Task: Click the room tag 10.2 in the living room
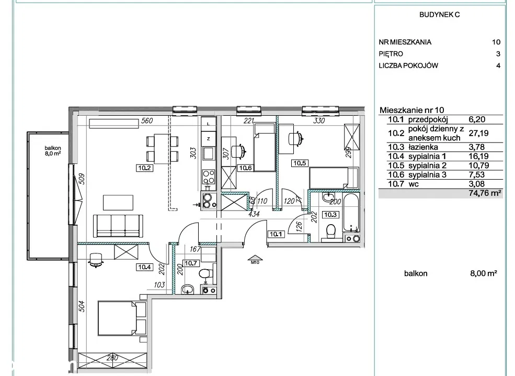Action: click(144, 168)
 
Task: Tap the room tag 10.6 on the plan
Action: click(245, 168)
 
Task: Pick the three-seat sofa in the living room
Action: click(118, 226)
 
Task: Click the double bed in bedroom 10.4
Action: click(122, 318)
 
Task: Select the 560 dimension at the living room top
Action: click(147, 121)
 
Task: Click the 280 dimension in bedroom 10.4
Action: click(112, 358)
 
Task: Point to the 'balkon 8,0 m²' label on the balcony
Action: click(53, 151)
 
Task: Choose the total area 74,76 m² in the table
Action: click(485, 193)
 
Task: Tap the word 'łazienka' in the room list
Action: click(423, 147)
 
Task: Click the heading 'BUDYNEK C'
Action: click(440, 15)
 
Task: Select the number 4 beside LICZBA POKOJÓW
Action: click(498, 65)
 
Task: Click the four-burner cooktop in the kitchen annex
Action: click(208, 176)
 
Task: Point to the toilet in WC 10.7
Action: click(205, 274)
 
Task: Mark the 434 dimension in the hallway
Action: click(254, 214)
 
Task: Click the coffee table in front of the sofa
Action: click(118, 202)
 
